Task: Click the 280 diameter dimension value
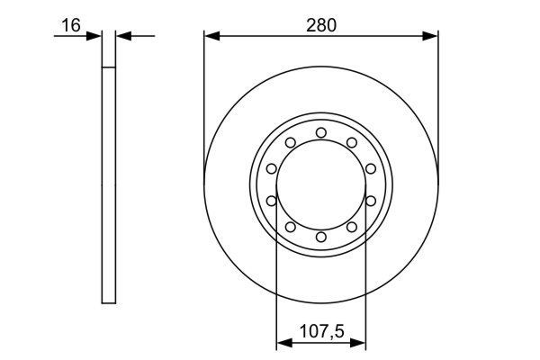pos(320,25)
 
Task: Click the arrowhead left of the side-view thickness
pos(94,36)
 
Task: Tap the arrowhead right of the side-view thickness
pos(124,36)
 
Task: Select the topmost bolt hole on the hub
pos(321,132)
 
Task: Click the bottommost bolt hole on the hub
pos(321,237)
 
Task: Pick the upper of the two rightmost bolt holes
pos(371,168)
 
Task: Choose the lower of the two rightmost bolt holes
pos(371,201)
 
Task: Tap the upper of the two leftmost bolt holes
pos(271,168)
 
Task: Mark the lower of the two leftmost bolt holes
pos(271,201)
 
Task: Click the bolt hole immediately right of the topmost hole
pos(352,142)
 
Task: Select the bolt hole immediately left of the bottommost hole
pos(291,227)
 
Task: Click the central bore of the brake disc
pos(321,184)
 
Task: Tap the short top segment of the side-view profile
pos(109,50)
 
